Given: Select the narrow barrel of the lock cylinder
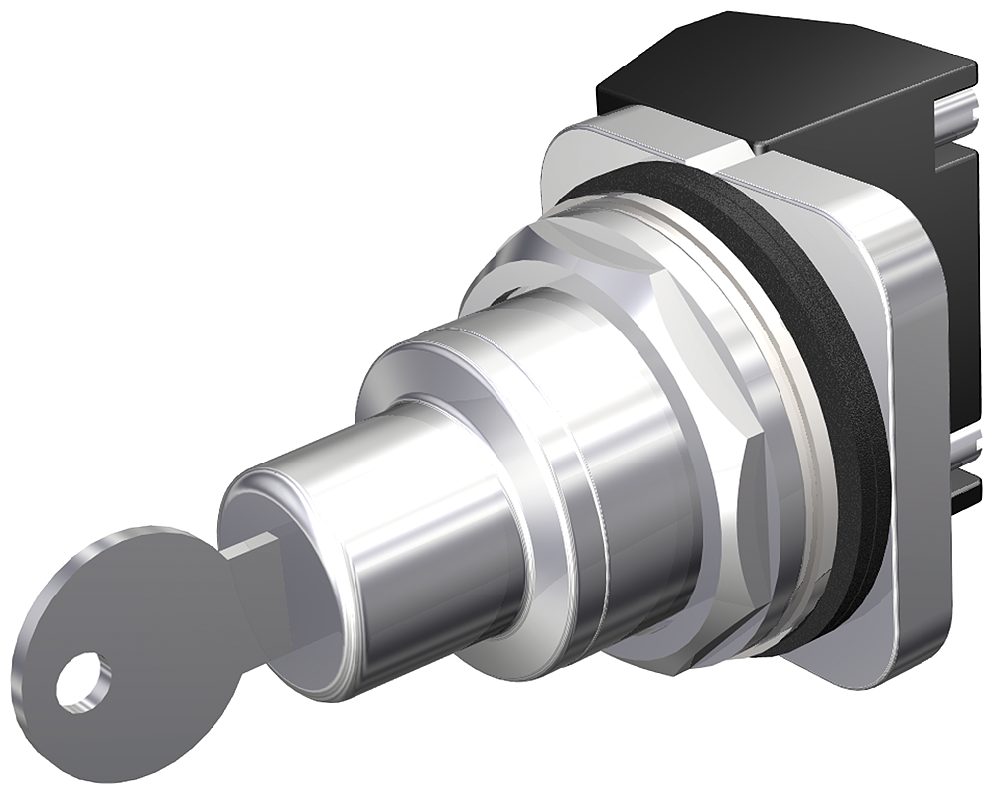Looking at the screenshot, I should [417, 516].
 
